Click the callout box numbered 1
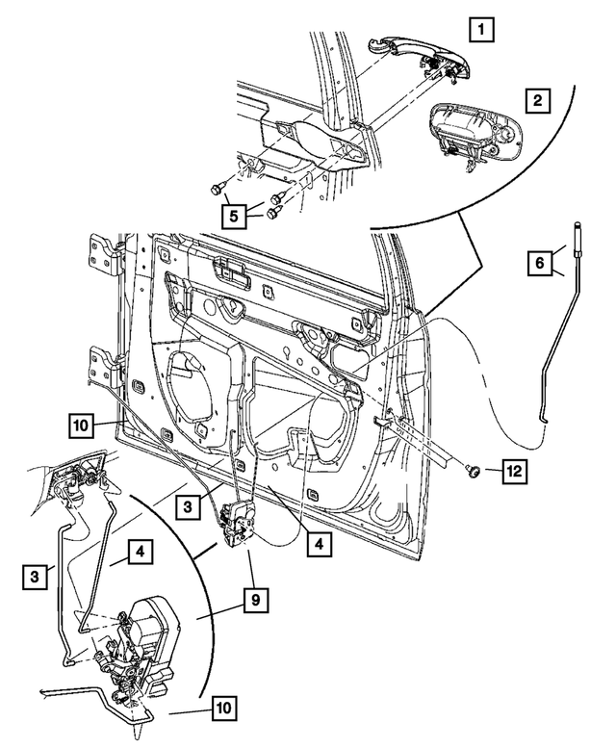click(x=484, y=30)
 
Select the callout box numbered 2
click(x=538, y=100)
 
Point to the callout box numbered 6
click(x=541, y=261)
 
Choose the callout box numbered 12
click(x=515, y=471)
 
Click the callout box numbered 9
click(x=254, y=600)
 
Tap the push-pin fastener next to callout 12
click(x=475, y=471)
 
